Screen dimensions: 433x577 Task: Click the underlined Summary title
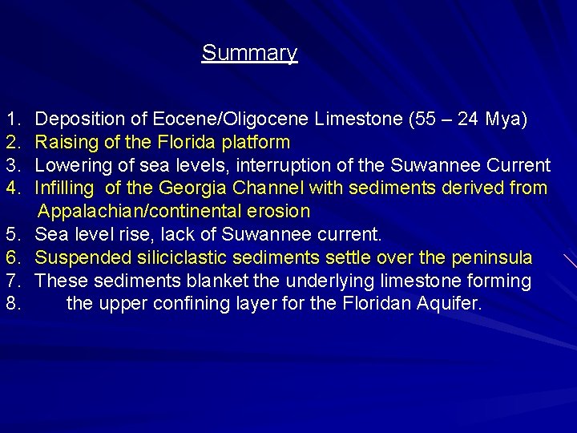click(x=249, y=53)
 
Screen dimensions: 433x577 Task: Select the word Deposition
click(x=80, y=119)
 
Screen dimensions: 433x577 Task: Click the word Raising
click(x=65, y=143)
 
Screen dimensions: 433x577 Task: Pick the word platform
click(x=257, y=143)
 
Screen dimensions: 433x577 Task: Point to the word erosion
click(x=279, y=212)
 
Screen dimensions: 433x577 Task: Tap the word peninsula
click(x=491, y=258)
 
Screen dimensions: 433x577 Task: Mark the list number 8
click(x=12, y=305)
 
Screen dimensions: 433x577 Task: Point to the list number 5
click(x=12, y=235)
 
